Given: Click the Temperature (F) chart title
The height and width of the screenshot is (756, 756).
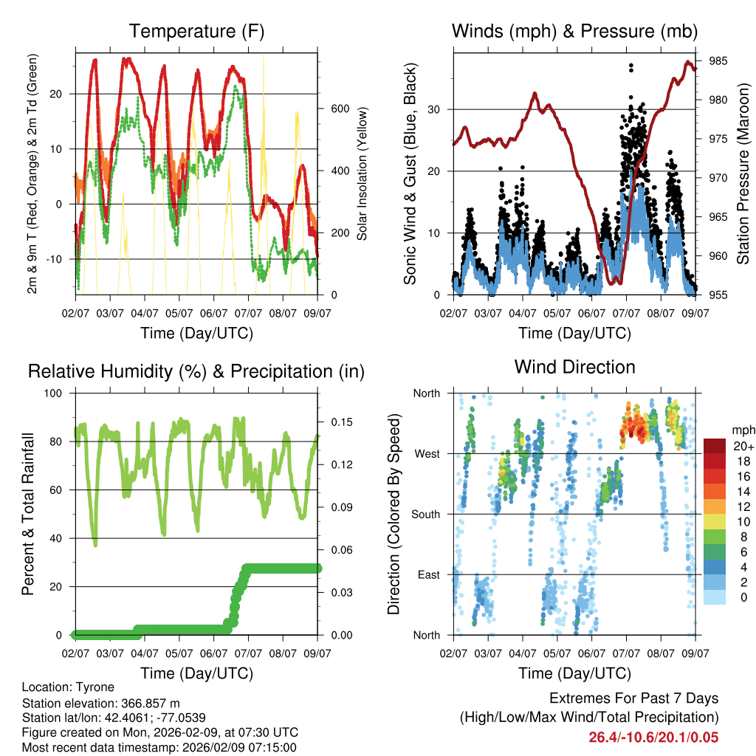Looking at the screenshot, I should [x=196, y=31].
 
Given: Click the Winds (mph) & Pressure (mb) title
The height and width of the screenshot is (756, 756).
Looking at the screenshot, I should [x=574, y=31].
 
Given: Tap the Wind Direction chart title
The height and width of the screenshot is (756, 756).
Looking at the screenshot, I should [x=574, y=366].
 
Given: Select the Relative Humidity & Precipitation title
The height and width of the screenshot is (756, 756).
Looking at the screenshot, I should [x=196, y=371].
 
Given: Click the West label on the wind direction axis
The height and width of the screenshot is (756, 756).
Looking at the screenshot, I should [x=427, y=453].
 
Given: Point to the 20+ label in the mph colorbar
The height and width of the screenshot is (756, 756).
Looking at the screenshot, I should [x=743, y=447].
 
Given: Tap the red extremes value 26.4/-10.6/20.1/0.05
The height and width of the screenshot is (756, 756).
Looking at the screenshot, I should [x=653, y=737].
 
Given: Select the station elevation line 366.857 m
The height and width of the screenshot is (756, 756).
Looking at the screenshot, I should [x=101, y=703].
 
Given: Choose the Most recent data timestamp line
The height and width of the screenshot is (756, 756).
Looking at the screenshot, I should [x=159, y=747].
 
